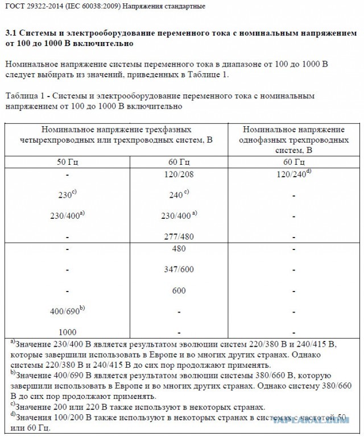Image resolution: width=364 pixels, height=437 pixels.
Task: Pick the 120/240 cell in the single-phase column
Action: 292,173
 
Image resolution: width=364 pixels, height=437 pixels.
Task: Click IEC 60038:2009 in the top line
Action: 94,6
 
